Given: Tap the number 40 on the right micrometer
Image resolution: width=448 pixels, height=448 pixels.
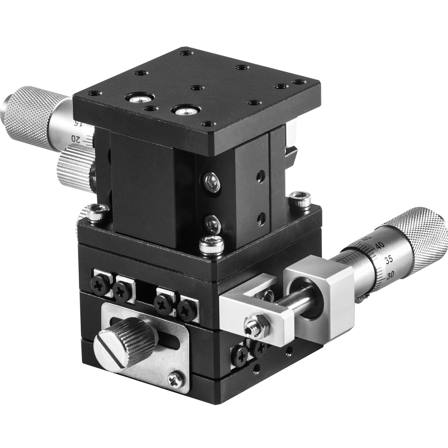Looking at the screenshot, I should pos(380,246).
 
